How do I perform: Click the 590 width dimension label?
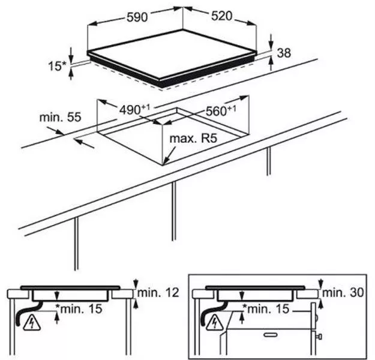137,17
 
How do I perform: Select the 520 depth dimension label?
221,16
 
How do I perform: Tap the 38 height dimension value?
284,53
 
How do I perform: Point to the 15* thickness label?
56,66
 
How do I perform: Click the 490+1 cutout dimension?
134,110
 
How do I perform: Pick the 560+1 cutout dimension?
221,110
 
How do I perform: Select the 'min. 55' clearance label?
60,117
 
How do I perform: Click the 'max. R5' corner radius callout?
193,139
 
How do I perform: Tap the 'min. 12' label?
158,292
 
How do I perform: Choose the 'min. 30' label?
343,292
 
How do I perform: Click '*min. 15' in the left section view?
79,309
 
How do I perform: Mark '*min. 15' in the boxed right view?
266,309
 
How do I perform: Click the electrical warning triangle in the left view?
32,323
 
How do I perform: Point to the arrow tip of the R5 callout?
163,165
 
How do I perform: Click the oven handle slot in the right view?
272,334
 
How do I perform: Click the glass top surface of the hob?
171,54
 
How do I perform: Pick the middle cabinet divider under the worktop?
174,211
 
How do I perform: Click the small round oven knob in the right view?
317,317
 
